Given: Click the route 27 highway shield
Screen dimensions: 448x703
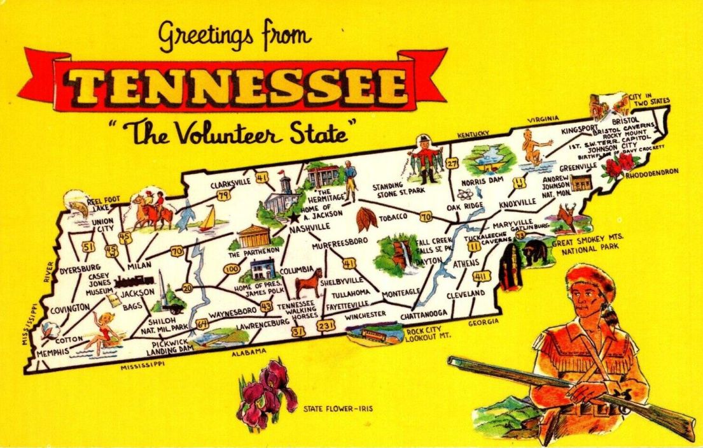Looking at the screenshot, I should pos(452,163).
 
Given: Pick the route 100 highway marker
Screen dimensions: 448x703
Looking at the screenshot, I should pos(231,268).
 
